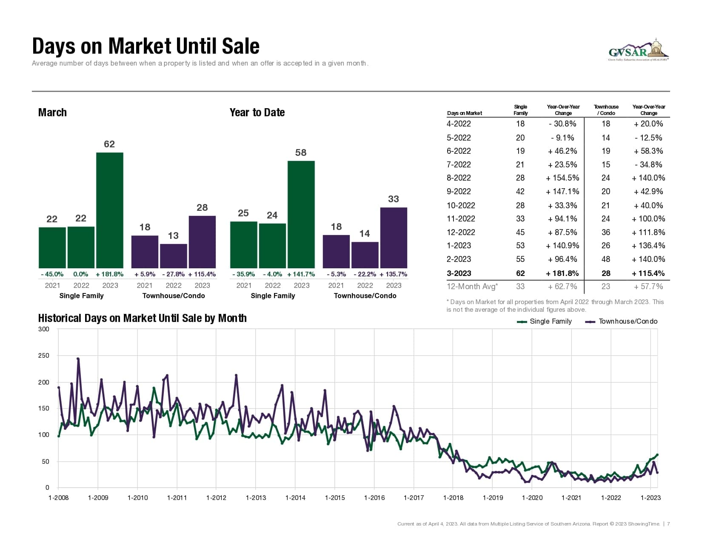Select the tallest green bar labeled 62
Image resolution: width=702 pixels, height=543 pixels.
[110, 210]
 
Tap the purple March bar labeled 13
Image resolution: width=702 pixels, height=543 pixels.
[174, 256]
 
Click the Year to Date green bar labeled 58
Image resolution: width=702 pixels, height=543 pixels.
[301, 214]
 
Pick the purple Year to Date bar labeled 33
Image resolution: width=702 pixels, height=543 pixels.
[394, 238]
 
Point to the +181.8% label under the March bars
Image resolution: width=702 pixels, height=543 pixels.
[110, 274]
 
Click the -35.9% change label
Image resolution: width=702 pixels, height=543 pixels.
[243, 274]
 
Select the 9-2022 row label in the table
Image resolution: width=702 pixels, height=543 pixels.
[459, 192]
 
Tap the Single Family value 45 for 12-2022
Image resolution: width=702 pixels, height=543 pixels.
[520, 233]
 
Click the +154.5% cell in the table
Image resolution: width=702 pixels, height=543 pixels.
[562, 178]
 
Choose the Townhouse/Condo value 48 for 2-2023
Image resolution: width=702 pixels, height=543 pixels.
[606, 259]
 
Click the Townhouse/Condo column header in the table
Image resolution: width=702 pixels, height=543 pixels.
[606, 110]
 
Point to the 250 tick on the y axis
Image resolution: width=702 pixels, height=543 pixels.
[44, 356]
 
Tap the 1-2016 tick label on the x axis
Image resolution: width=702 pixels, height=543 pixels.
[374, 498]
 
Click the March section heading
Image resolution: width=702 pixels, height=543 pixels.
[52, 112]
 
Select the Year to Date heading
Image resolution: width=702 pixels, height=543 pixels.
[257, 112]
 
